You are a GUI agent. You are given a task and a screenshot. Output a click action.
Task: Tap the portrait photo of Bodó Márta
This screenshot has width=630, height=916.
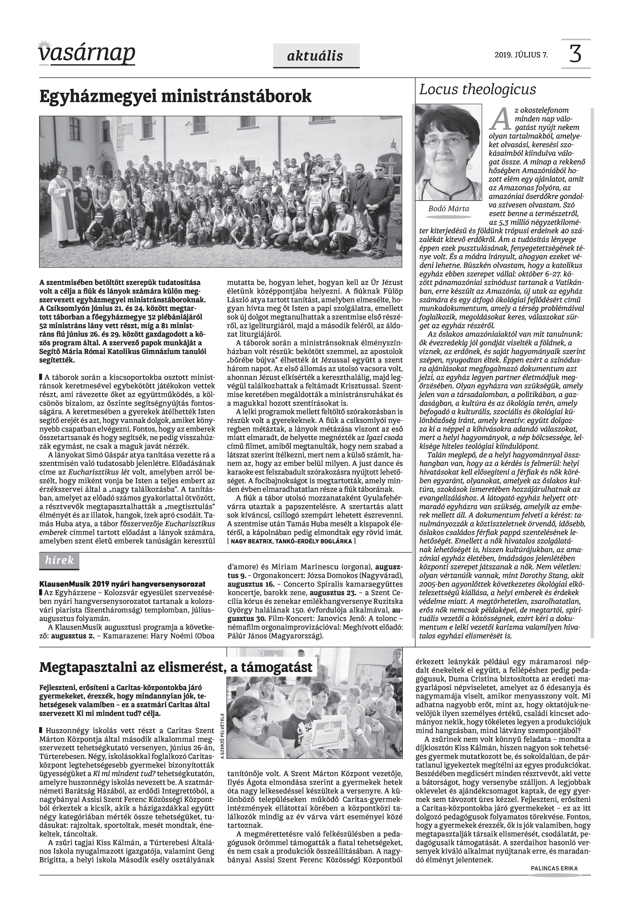point(448,152)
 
